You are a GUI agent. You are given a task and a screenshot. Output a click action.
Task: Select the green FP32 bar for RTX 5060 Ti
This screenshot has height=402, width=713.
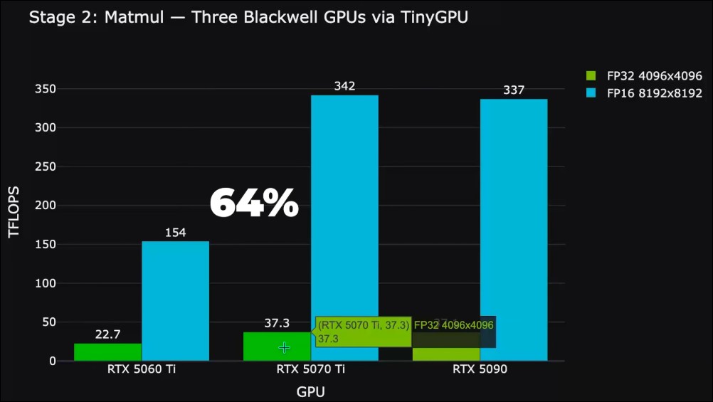[x=107, y=352]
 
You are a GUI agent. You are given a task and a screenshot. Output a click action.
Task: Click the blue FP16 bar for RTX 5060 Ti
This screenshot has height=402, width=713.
[x=175, y=301]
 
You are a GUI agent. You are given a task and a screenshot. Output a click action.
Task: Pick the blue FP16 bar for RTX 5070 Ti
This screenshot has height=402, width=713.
[x=344, y=213]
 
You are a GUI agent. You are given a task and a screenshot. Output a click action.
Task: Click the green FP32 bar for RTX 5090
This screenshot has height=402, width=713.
[x=446, y=354]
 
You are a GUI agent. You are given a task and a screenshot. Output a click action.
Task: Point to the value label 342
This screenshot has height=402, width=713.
[x=344, y=87]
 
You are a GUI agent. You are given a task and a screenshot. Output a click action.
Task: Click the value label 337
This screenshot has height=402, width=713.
[x=514, y=90]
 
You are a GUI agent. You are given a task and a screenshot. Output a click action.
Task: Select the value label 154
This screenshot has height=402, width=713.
[x=175, y=233]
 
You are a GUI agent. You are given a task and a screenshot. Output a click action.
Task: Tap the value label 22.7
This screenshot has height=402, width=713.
[x=107, y=334]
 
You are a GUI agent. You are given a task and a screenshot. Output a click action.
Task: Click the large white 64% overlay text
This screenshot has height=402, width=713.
[x=254, y=204]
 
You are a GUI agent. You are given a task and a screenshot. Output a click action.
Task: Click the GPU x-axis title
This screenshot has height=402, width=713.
[x=310, y=391]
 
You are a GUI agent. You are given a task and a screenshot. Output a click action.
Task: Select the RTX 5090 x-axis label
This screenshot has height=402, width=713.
[x=480, y=370]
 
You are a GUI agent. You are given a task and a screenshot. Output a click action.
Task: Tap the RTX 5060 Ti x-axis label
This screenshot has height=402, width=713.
[x=142, y=370]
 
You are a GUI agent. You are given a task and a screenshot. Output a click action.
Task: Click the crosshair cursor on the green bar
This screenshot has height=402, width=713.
[x=284, y=347]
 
